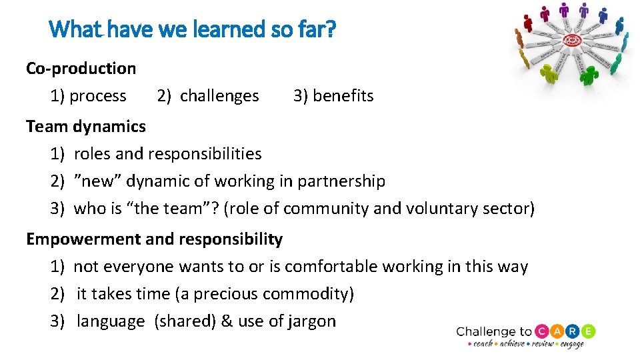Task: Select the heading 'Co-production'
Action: point(81,68)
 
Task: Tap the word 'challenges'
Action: point(219,96)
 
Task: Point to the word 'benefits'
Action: point(343,96)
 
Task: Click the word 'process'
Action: point(97,96)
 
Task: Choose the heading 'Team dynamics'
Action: point(85,126)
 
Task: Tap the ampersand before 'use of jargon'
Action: point(227,321)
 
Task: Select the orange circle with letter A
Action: point(559,331)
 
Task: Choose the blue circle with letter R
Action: point(573,331)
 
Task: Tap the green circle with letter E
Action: point(588,331)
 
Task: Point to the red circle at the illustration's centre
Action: point(572,41)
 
